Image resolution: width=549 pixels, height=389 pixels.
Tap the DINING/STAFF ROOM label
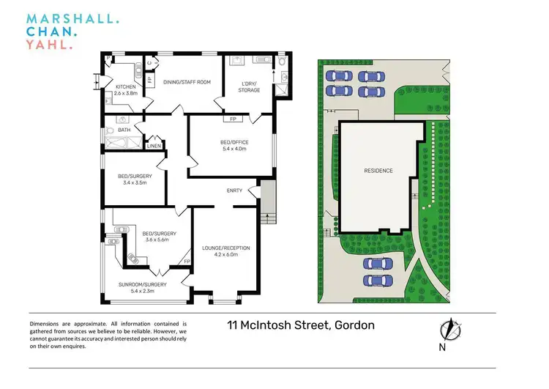coord(187,82)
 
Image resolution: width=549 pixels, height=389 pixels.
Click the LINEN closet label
coord(154,146)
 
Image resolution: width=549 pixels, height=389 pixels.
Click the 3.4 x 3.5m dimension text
coord(132,182)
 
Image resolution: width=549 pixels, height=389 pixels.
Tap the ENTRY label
coord(234,190)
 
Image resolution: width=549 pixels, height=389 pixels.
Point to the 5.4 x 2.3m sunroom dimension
coord(143,292)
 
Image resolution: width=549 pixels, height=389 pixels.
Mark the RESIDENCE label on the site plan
coord(378,171)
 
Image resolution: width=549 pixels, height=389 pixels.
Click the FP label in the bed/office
coord(233,119)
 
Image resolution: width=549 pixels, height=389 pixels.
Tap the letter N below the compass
coord(443,347)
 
